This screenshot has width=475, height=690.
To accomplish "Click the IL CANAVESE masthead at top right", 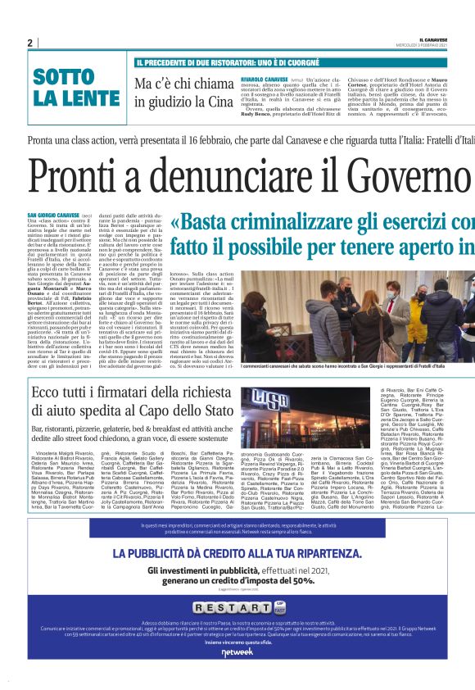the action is (x=432, y=39).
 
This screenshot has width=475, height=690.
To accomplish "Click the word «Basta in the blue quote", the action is (x=206, y=223).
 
